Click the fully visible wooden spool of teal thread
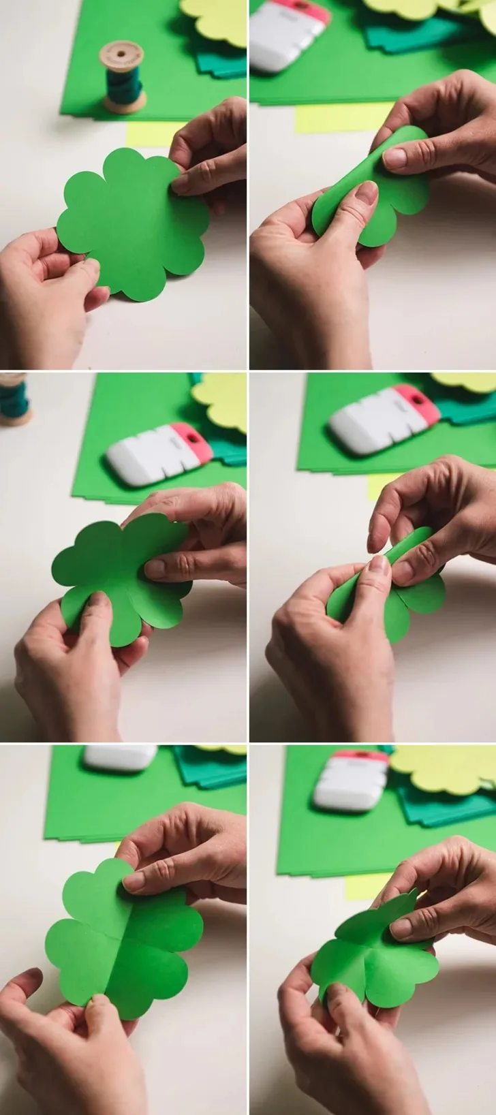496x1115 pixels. (123, 76)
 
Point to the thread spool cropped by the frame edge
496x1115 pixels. (12, 398)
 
